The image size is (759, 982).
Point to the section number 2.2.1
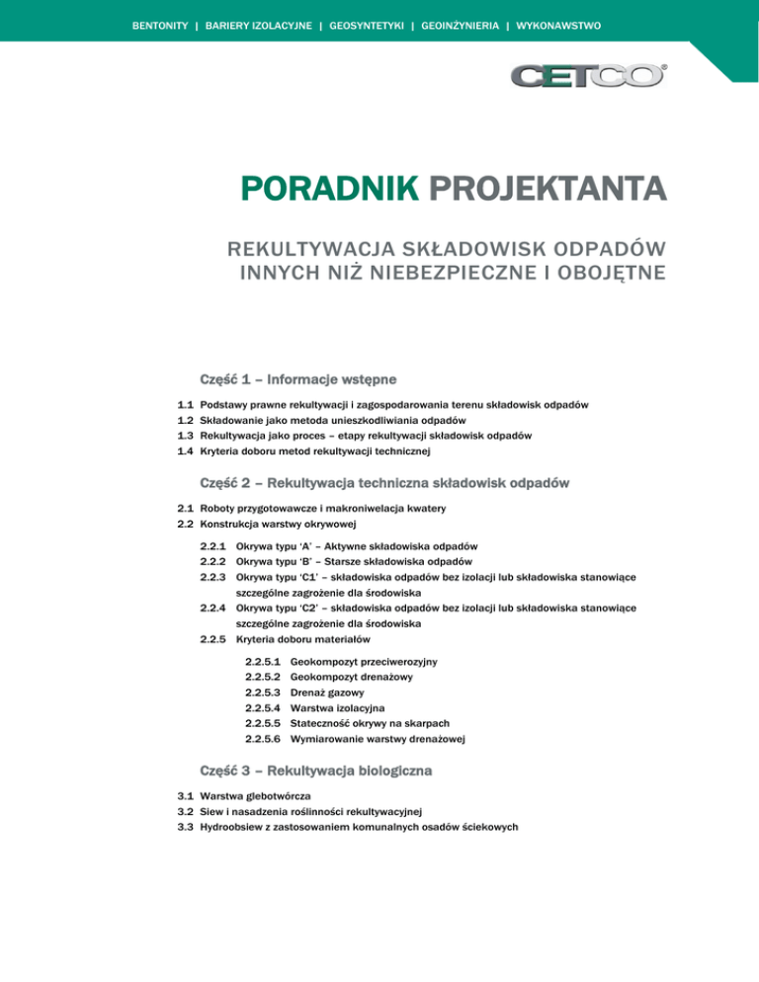[x=213, y=546]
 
